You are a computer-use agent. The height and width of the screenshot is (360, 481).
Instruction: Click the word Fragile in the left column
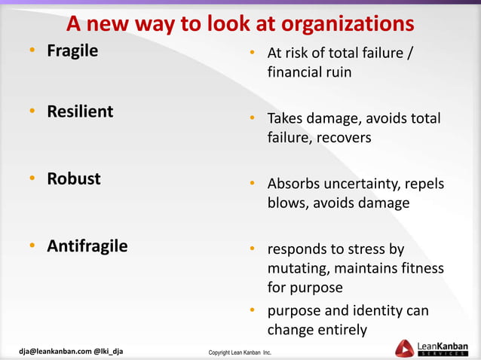(72, 52)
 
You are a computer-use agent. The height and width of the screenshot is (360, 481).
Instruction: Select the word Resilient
(80, 111)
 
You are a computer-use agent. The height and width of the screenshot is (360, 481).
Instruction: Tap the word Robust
(74, 178)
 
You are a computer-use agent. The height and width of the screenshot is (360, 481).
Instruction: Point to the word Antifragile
(87, 246)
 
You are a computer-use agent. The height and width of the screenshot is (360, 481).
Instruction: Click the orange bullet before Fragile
(33, 53)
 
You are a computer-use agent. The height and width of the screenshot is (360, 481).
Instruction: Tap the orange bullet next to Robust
(33, 179)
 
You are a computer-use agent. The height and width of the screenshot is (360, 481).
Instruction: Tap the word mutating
(298, 268)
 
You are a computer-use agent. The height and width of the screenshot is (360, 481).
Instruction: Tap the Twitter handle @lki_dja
(108, 351)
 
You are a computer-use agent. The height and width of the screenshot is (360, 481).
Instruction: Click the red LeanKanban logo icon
(404, 348)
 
